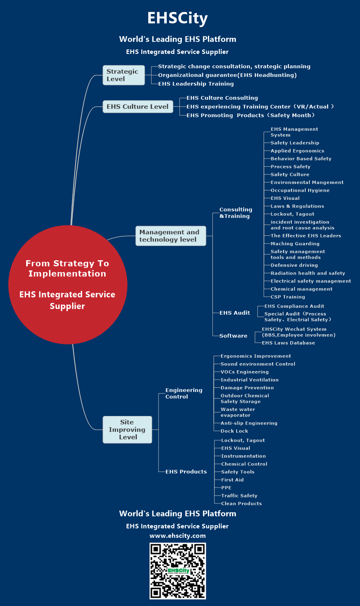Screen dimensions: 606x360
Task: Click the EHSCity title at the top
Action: [x=177, y=18]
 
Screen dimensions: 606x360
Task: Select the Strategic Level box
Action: [x=123, y=75]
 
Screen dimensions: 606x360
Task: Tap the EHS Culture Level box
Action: [x=138, y=107]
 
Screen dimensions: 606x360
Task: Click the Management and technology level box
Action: [x=170, y=236]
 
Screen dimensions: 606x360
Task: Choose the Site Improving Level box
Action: [x=127, y=429]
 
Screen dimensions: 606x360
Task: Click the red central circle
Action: [x=68, y=284]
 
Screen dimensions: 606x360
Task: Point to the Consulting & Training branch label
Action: [x=235, y=212]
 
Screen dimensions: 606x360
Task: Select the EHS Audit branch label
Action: [x=235, y=313]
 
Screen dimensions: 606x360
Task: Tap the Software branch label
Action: [x=233, y=335]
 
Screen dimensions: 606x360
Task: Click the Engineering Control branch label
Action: [x=183, y=393]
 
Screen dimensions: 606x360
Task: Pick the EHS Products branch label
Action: [x=186, y=472]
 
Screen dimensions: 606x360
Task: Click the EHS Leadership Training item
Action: [x=196, y=84]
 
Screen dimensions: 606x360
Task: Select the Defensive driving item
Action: [x=294, y=265]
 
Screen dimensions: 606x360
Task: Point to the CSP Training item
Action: [x=288, y=297]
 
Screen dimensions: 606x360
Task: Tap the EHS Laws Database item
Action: [x=288, y=343]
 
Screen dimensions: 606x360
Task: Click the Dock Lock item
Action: [x=234, y=431]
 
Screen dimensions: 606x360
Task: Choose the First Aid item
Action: [x=232, y=480]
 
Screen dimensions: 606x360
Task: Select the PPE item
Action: [x=226, y=487]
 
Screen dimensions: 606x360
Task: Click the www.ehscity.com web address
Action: [x=177, y=536]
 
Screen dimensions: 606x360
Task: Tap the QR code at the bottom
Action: [x=177, y=571]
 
